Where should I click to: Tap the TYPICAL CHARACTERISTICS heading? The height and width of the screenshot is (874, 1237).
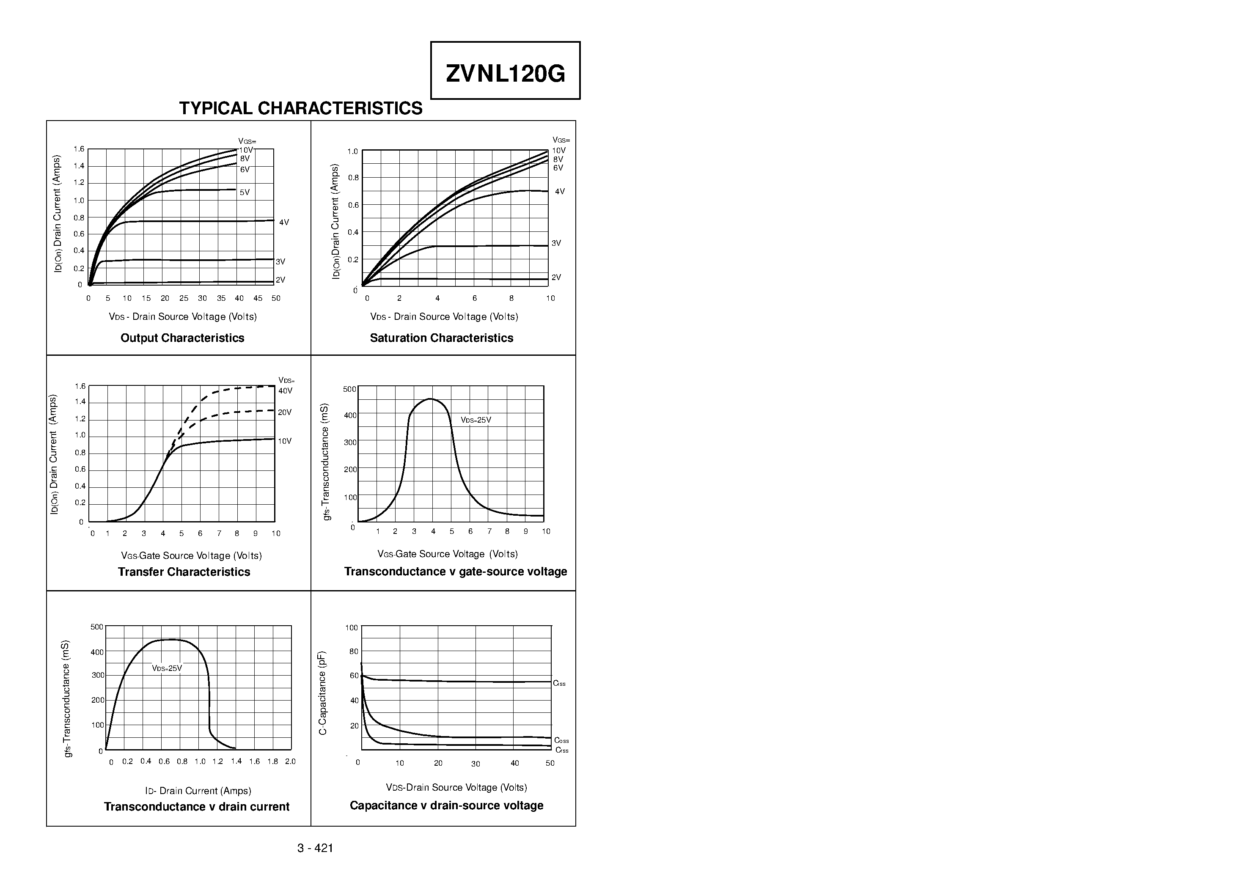(301, 108)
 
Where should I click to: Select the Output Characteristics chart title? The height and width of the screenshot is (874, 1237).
(182, 338)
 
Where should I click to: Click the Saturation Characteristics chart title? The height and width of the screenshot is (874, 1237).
(441, 338)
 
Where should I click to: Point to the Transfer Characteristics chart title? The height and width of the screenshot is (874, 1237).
(184, 572)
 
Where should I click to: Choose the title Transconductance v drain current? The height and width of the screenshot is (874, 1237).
(197, 807)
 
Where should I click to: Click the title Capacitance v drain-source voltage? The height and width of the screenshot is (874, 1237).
(446, 805)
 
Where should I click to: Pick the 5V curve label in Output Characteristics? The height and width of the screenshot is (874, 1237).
(245, 192)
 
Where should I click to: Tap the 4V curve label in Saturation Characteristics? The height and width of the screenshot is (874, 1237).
(560, 191)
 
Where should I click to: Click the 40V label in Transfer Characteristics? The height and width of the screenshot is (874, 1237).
(285, 390)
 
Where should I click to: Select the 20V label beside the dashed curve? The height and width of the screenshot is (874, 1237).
(284, 412)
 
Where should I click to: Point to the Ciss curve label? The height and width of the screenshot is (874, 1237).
(559, 683)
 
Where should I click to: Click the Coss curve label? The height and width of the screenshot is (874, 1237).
(561, 741)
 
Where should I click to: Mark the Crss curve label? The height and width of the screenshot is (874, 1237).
(562, 750)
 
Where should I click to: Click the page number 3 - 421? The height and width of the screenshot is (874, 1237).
(315, 848)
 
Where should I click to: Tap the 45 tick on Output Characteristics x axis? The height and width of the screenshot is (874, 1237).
(258, 298)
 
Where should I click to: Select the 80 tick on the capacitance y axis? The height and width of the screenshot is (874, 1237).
(353, 651)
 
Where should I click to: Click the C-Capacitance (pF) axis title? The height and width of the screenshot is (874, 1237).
(322, 693)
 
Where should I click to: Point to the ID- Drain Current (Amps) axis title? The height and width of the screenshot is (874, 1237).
(198, 791)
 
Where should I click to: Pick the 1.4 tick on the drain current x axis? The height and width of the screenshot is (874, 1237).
(236, 761)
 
